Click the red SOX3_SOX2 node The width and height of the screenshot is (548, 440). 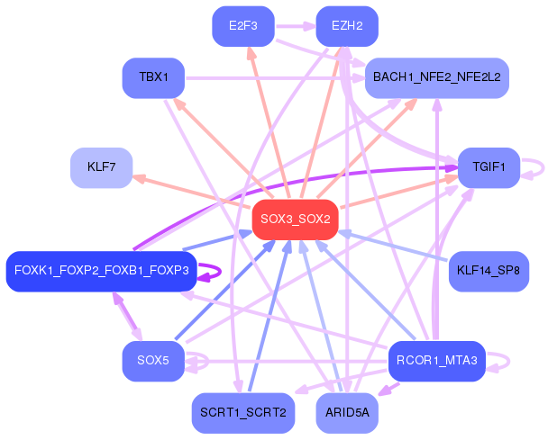(x=295, y=219)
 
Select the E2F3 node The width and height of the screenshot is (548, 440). (x=242, y=26)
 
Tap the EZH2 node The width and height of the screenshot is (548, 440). (x=347, y=26)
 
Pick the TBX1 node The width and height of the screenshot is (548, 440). (x=153, y=77)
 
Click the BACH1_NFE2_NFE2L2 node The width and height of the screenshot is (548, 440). (x=436, y=77)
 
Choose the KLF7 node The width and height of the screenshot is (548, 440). (x=101, y=167)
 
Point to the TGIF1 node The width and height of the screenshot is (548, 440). (x=489, y=167)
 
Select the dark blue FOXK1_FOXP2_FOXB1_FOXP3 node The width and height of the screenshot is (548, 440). (x=101, y=271)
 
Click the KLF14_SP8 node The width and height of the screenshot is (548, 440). (x=488, y=271)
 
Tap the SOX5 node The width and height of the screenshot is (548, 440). (x=153, y=361)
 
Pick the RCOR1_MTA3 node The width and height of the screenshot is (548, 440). (x=436, y=361)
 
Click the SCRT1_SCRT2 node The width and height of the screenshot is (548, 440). (x=242, y=413)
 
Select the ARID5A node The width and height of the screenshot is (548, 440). (x=347, y=413)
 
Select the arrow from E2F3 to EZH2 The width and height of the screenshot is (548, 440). (x=294, y=26)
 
